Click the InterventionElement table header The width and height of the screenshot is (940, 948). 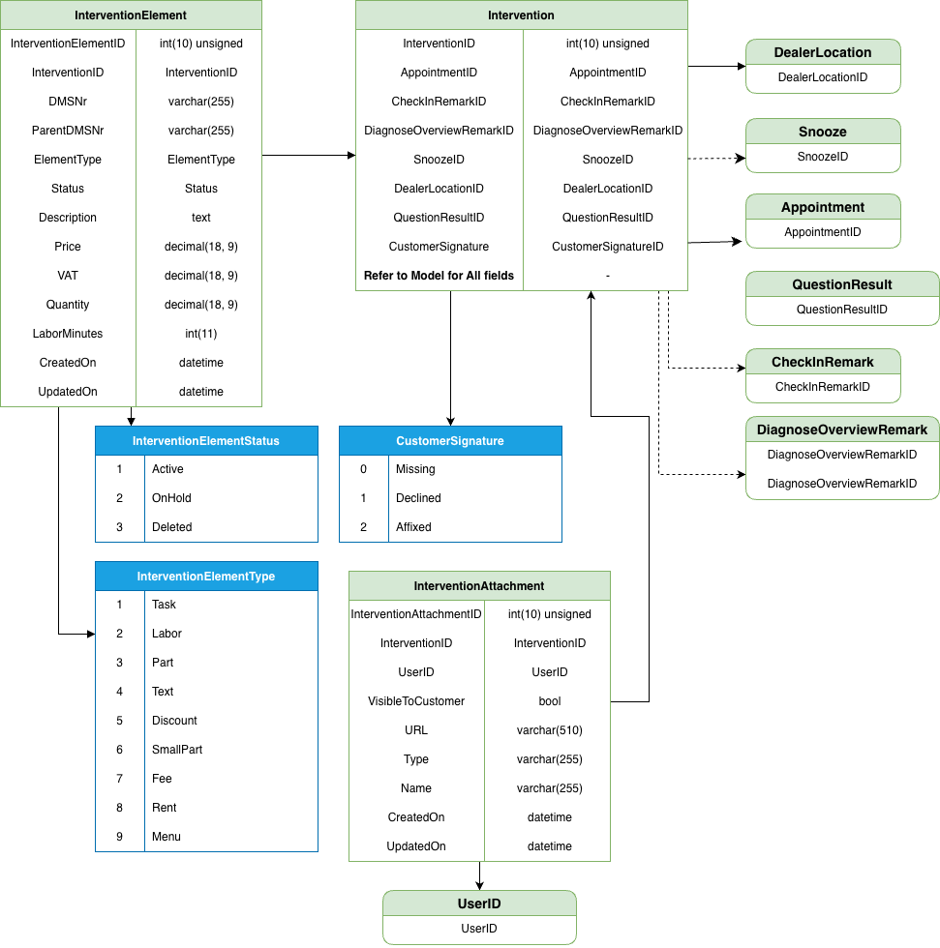pyautogui.click(x=131, y=15)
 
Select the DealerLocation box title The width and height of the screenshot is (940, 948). pyautogui.click(x=823, y=52)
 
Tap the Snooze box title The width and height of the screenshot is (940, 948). pyautogui.click(x=823, y=132)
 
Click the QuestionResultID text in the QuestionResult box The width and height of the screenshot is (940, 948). pyautogui.click(x=841, y=310)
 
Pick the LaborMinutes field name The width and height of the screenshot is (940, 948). pyautogui.click(x=68, y=334)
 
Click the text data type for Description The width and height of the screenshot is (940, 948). pyautogui.click(x=201, y=218)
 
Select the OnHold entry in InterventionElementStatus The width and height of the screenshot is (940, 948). pyautogui.click(x=171, y=498)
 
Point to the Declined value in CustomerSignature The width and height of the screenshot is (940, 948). pyautogui.click(x=418, y=498)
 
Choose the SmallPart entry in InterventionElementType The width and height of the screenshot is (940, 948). pyautogui.click(x=177, y=750)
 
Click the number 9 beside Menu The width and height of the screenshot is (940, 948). pyautogui.click(x=120, y=837)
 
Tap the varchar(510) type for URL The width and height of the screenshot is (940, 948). pyautogui.click(x=550, y=730)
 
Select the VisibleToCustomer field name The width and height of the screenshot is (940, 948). pyautogui.click(x=416, y=701)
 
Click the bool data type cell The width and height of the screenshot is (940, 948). pyautogui.click(x=550, y=701)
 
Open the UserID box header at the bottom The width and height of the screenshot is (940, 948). pyautogui.click(x=479, y=904)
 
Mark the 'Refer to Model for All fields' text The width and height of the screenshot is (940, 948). pyautogui.click(x=440, y=276)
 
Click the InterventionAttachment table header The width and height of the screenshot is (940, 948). pyautogui.click(x=479, y=586)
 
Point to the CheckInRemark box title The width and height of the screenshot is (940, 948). pyautogui.click(x=823, y=362)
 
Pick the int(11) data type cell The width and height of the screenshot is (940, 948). pyautogui.click(x=201, y=334)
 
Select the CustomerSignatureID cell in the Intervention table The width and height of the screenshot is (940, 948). pyautogui.click(x=608, y=247)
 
